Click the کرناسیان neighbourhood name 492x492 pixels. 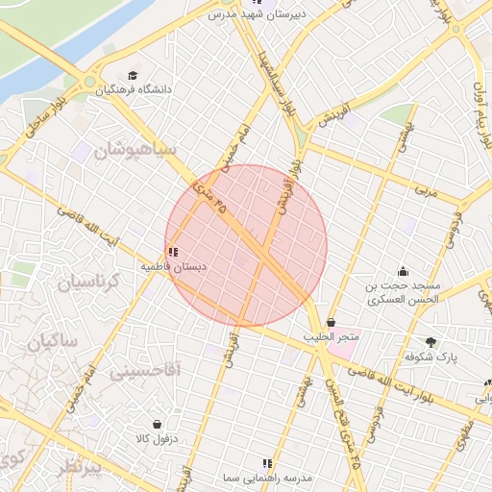86,283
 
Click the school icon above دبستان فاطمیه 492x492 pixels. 173,252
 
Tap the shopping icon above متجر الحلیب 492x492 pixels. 332,323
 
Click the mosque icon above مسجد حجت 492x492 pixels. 403,272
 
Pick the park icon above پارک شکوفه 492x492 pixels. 430,342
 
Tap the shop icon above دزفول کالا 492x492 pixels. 157,424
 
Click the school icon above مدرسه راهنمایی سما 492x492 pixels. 267,463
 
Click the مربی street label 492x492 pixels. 424,192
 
